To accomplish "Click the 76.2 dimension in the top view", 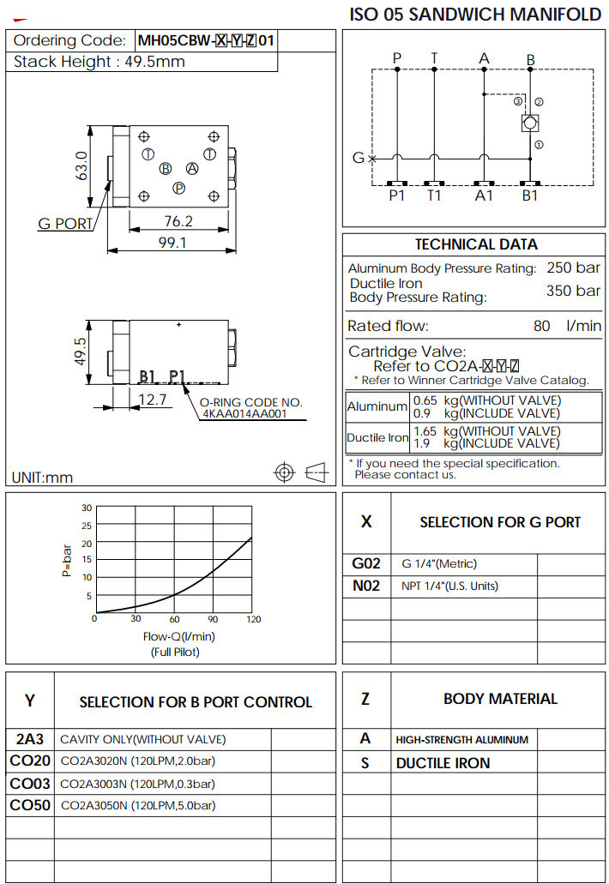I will (178, 221).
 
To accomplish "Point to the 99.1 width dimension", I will (172, 243).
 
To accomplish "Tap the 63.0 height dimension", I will (81, 166).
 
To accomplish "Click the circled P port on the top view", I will (178, 188).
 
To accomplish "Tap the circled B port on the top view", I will (166, 168).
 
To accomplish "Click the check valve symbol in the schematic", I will (529, 123).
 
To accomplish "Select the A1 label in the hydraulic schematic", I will (485, 195).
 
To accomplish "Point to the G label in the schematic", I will (359, 158).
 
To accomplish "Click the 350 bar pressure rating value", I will (573, 291).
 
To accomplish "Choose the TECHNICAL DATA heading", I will (476, 244).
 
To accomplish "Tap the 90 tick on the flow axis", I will (213, 619).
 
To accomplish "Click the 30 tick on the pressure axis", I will (86, 508).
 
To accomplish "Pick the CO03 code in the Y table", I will (30, 783).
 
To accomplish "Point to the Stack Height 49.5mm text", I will (99, 62).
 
